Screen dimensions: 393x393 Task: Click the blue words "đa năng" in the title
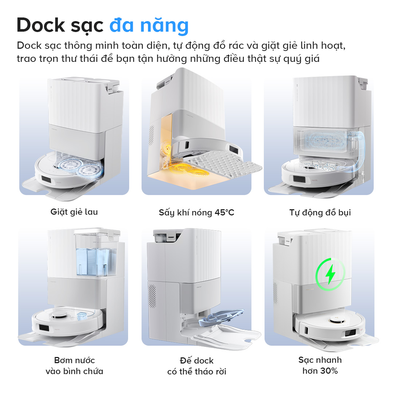(149, 25)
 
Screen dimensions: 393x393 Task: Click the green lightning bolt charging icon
(330, 274)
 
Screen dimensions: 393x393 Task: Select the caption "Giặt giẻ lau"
(74, 212)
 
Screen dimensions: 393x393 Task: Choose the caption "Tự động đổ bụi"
(320, 213)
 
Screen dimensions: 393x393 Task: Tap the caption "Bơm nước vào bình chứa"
(74, 366)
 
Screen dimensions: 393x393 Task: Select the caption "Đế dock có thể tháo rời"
(196, 366)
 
